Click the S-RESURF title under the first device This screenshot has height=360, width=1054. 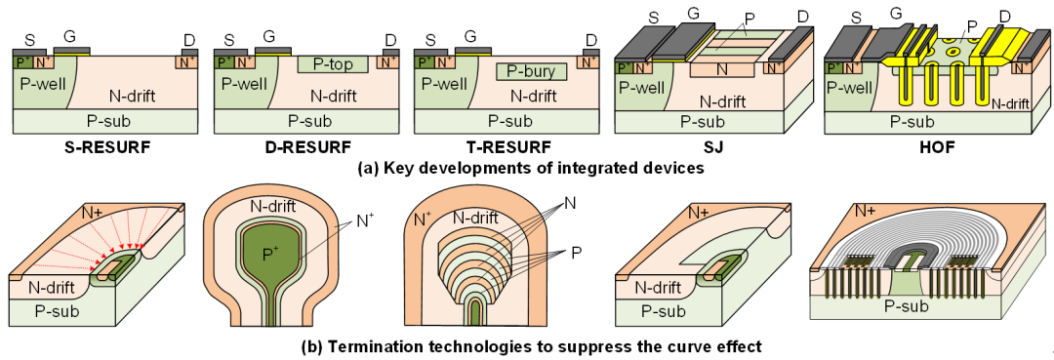(105, 147)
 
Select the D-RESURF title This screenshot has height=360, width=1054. (306, 147)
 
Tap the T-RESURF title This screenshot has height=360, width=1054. (507, 147)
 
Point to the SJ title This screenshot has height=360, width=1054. (710, 147)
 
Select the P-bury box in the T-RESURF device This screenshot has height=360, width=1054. (531, 70)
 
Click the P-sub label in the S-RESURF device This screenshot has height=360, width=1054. (105, 121)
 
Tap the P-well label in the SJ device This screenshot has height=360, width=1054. (639, 88)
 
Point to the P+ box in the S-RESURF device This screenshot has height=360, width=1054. (22, 62)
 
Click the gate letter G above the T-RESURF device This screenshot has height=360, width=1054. (469, 35)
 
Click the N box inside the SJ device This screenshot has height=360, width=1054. (721, 68)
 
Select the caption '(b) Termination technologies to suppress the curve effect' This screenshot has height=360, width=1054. (531, 347)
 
